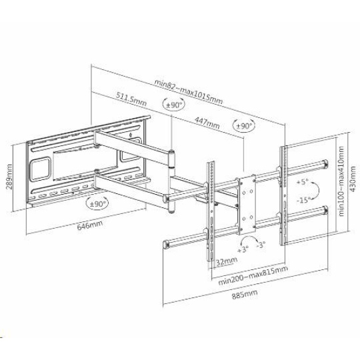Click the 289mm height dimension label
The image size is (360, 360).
coord(9,176)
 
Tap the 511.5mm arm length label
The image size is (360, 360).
coord(131,99)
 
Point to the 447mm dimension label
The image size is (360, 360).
coord(207,123)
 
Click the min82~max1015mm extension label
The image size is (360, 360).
coord(188,91)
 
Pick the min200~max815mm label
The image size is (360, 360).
coord(253,275)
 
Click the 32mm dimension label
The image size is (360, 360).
coord(227,261)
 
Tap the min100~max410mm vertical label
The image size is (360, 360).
coord(341,181)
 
